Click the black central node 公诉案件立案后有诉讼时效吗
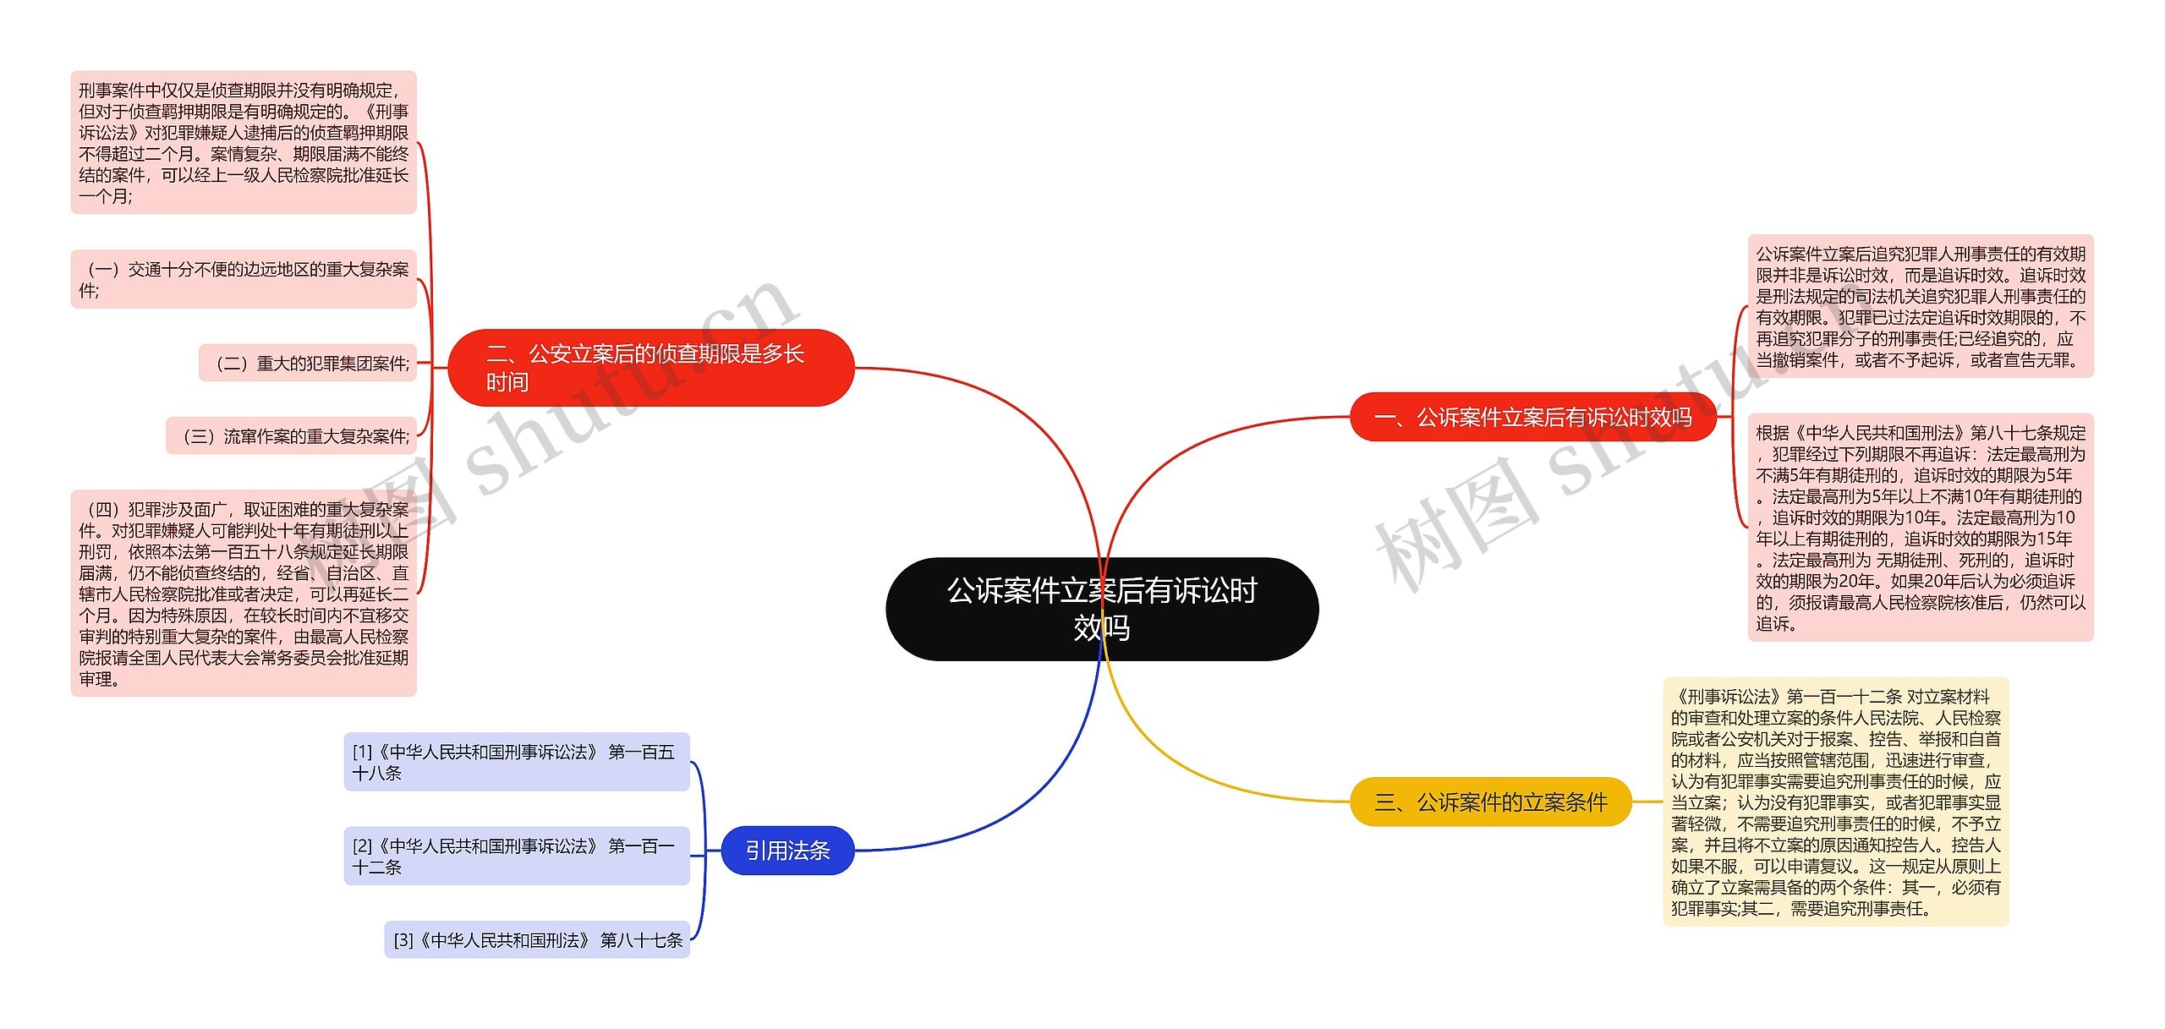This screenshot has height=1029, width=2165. coord(1101,609)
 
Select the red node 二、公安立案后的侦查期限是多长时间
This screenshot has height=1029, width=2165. coord(649,368)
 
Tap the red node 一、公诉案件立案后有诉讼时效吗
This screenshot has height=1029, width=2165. coord(1532,417)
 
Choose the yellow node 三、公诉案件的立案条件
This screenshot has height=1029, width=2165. coord(1490,802)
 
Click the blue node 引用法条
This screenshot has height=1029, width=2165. coord(787,850)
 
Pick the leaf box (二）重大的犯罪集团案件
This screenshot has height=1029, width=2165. coord(309,363)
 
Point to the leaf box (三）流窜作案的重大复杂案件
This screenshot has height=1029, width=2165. coord(292,435)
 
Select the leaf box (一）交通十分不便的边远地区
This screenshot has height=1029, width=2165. coord(244,279)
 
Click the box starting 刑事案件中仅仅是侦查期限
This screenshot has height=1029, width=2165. coord(244,142)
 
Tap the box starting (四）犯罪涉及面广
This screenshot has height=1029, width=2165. coord(244,594)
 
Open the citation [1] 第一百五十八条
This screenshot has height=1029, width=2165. coord(516,762)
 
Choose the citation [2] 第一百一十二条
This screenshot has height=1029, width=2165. coord(516,856)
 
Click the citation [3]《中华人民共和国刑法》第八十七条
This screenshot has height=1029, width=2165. coord(537,939)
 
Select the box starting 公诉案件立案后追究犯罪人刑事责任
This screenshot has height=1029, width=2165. coord(1920,306)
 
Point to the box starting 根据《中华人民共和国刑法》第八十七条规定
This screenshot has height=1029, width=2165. coord(1920,528)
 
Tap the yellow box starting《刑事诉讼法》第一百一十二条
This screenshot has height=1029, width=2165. coord(1835,802)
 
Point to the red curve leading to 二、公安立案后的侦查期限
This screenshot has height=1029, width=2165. coord(1015,406)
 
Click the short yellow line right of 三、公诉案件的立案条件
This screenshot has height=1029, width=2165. coord(1647,802)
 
